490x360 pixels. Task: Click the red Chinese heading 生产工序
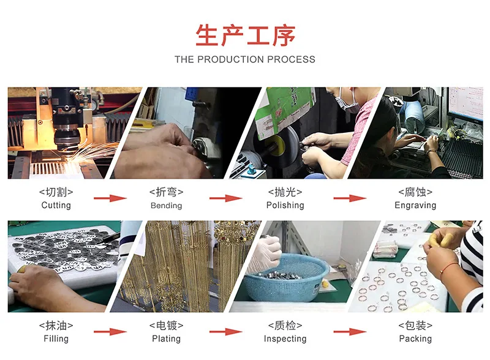pos(246,35)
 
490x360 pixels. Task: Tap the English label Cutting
pos(56,205)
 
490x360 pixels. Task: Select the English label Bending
pos(166,205)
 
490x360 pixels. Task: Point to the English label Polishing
pos(285,205)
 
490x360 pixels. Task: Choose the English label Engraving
pos(415,205)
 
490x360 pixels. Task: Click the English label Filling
pos(56,339)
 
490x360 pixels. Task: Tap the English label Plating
pos(166,339)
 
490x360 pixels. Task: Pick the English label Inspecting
pos(285,339)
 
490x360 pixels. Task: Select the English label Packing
pos(415,339)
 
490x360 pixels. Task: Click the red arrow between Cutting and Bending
pos(110,198)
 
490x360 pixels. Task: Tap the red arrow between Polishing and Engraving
pos(350,198)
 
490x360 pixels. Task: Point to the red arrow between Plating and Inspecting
pos(225,332)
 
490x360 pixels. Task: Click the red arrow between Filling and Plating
pos(110,332)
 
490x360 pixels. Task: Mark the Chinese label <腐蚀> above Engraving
pos(415,192)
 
